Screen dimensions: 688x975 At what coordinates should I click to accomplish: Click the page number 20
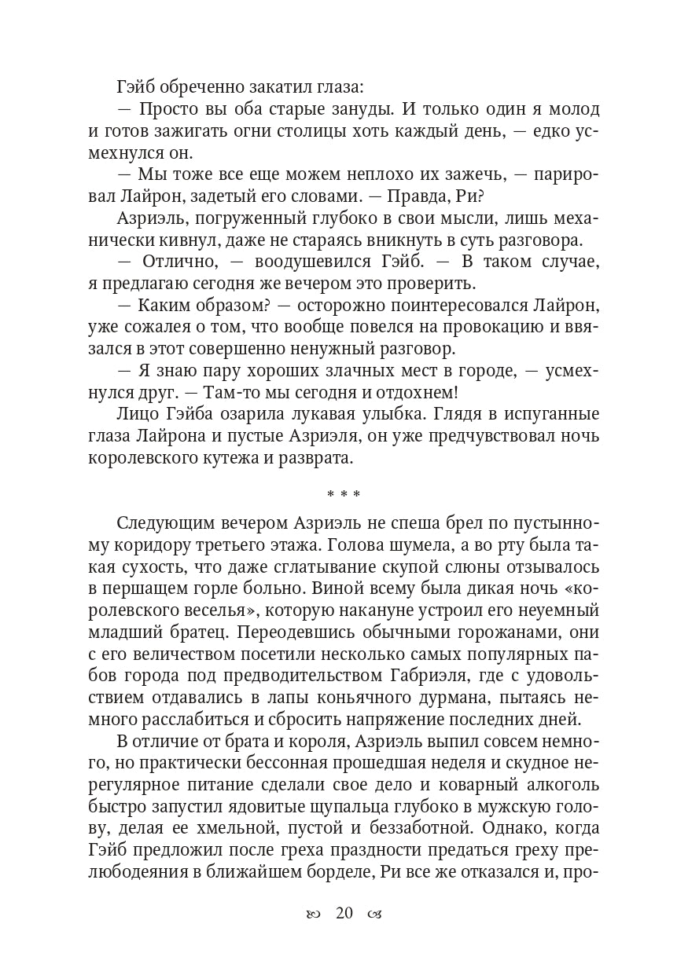click(344, 913)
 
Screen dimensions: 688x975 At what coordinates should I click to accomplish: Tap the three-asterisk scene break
click(344, 494)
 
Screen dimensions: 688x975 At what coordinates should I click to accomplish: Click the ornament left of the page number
click(313, 914)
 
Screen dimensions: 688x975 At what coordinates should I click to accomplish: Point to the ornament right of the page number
click(374, 914)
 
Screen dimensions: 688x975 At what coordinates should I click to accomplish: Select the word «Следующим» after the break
click(159, 524)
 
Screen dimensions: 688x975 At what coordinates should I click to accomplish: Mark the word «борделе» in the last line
click(340, 871)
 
